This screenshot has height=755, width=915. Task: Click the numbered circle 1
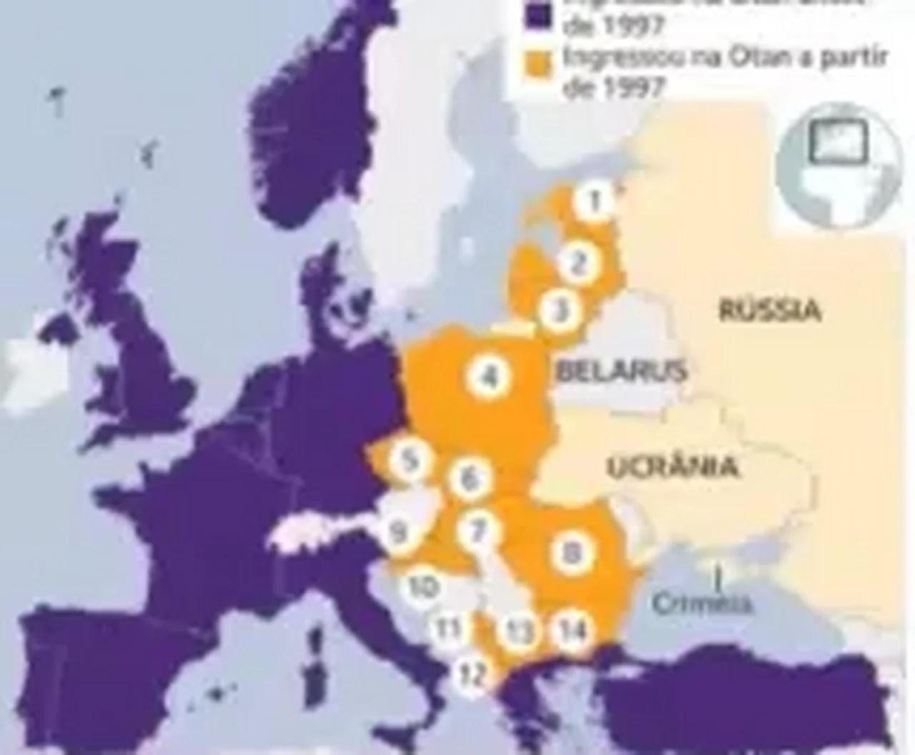(x=593, y=202)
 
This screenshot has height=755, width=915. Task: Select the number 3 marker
(x=562, y=311)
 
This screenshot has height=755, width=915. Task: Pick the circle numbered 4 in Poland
(x=489, y=376)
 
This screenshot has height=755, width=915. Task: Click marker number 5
(x=409, y=459)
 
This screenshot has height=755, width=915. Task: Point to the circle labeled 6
(x=469, y=478)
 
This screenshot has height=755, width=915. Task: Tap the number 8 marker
(x=570, y=552)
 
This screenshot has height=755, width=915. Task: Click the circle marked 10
(x=422, y=586)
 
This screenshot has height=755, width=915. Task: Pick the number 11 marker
(x=449, y=630)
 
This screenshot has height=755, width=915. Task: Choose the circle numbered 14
(x=573, y=630)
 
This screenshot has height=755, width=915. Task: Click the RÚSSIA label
(x=769, y=311)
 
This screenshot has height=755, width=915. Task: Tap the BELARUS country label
(x=621, y=371)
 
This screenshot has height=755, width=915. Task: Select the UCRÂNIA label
(x=672, y=467)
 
